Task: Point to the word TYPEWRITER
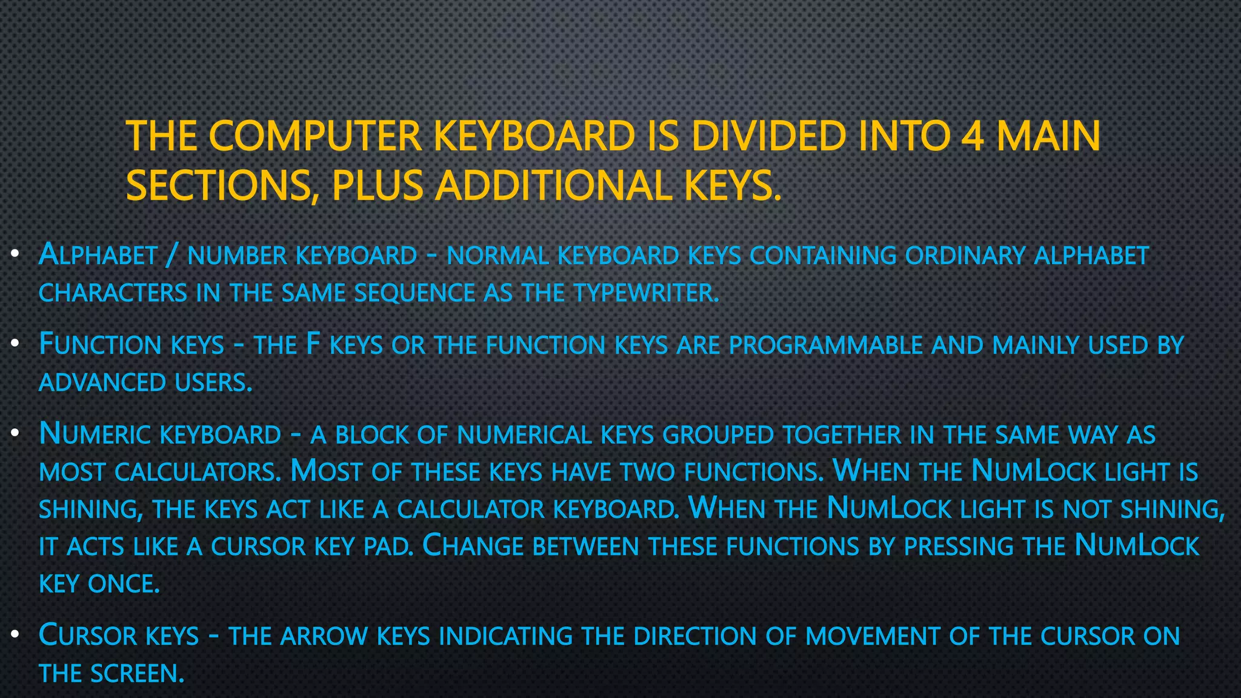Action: [646, 294]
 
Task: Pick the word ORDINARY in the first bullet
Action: [965, 256]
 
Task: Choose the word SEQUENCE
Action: [415, 294]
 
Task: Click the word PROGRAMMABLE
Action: [826, 345]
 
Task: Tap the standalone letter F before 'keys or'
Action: [313, 344]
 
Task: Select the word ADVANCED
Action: [102, 383]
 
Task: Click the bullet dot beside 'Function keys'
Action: [16, 344]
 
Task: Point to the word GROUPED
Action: [718, 435]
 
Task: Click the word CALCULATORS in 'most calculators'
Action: [198, 473]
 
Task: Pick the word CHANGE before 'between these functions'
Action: [473, 547]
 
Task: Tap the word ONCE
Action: [124, 584]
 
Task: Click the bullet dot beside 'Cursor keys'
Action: [16, 635]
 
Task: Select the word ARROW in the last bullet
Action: [324, 636]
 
